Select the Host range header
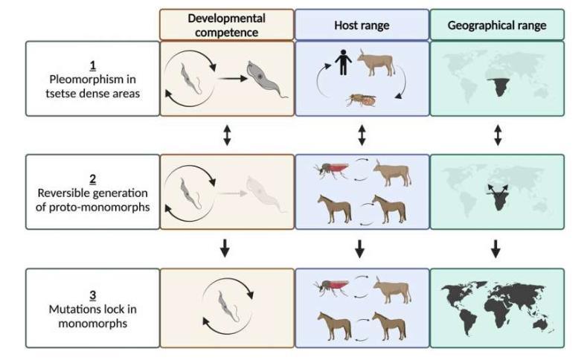362,25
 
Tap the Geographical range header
497,25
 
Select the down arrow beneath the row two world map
495,248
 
